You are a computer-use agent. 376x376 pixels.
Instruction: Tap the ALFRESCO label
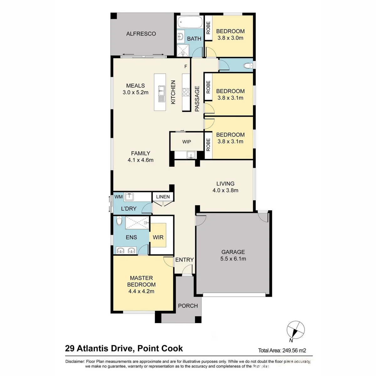click(141, 34)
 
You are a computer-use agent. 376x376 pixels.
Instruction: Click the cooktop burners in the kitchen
click(186, 92)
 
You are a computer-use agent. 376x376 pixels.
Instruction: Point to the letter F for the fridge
click(186, 66)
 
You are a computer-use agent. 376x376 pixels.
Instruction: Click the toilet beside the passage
click(248, 65)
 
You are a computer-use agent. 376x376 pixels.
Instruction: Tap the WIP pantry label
click(186, 142)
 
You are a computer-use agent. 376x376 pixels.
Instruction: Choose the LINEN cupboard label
click(163, 197)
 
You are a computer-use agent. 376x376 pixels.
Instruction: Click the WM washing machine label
click(118, 197)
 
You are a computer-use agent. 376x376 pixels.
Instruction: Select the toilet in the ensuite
click(119, 221)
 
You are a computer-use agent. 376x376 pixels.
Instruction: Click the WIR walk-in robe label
click(158, 237)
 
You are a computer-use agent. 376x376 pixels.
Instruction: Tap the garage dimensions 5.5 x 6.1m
click(233, 259)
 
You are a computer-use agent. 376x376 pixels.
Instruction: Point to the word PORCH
click(188, 306)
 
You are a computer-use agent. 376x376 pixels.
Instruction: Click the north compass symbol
click(295, 330)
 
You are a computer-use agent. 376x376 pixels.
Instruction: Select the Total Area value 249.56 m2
click(294, 350)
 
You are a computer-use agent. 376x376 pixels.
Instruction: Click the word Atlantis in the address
click(91, 348)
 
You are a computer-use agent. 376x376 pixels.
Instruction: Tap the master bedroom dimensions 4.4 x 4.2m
click(141, 291)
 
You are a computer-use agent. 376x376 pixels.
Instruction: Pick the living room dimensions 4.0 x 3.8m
click(225, 190)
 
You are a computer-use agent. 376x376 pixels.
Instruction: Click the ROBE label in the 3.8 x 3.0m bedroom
click(208, 28)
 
